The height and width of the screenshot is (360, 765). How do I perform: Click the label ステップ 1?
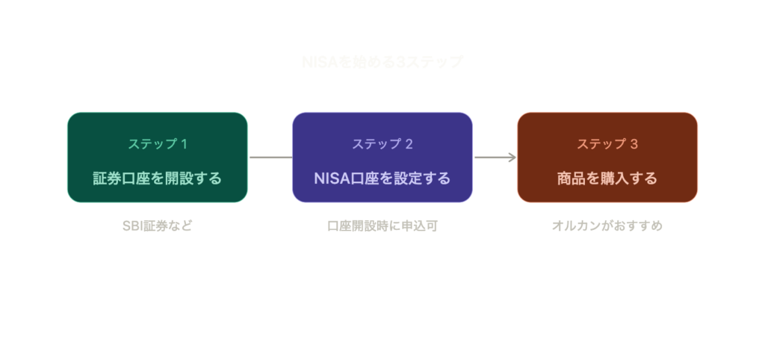point(157,144)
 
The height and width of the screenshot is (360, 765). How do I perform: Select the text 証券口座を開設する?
point(157,179)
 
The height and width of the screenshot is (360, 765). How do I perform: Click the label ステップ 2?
point(382,144)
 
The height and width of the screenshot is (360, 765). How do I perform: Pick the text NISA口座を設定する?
point(382,179)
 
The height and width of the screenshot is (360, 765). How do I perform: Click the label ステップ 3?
point(607,144)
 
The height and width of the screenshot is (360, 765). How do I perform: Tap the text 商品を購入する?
point(607,179)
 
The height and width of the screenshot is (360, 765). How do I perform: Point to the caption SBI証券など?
point(157,226)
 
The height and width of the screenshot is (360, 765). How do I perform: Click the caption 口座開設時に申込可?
point(382,226)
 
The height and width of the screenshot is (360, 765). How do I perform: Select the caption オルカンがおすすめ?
point(607,226)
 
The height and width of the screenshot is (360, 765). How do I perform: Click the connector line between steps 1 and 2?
point(270,158)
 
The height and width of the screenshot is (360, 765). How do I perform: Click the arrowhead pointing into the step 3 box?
point(512,158)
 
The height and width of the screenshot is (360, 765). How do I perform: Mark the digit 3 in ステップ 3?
point(634,144)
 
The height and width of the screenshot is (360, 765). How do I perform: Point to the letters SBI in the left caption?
point(131,226)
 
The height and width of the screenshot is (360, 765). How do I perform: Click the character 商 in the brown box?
point(565,179)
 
